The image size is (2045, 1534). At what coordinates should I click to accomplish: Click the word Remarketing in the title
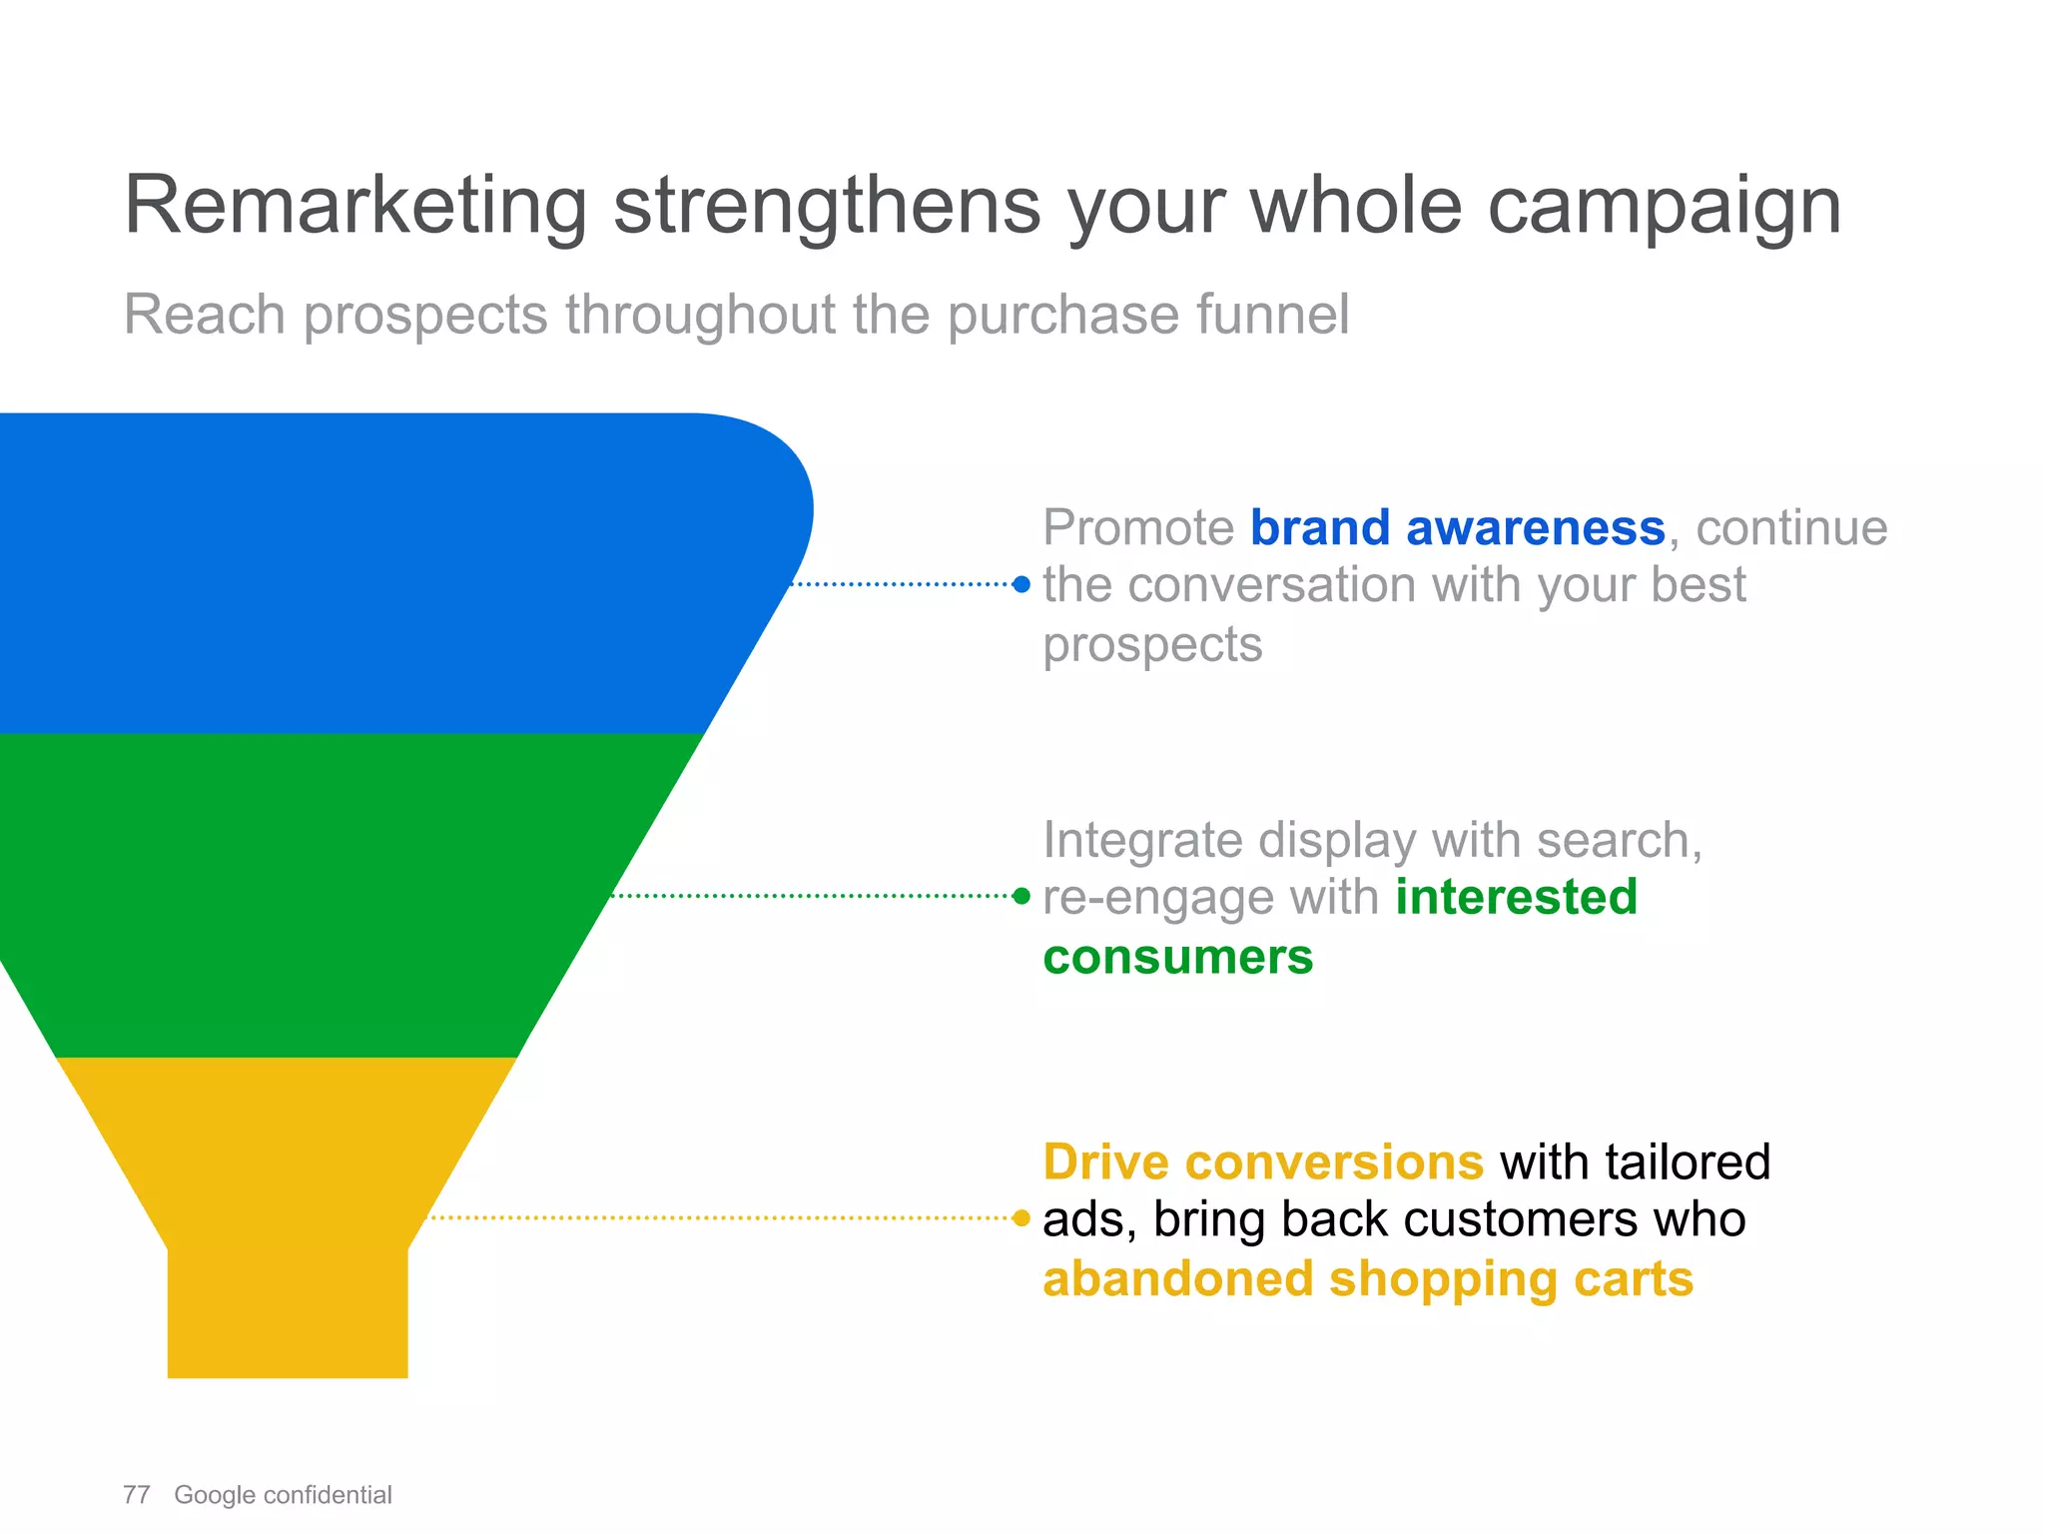coord(354,207)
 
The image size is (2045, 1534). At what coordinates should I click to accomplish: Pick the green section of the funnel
coord(300,894)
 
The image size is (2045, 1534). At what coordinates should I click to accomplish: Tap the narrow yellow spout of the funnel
coord(288,1313)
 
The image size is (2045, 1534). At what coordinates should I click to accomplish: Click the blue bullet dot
coord(1021,585)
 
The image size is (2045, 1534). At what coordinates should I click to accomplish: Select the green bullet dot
coord(1021,896)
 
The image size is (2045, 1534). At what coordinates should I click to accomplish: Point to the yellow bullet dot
coord(1021,1218)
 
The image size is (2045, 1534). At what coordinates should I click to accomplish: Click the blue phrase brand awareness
coord(1457,527)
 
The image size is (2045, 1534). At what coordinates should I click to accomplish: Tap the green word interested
coord(1516,897)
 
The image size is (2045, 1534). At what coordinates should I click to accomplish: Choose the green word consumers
coord(1178,957)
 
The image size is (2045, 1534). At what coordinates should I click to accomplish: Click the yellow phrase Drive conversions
coord(1263,1162)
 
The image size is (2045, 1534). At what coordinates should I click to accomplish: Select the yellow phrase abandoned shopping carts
coord(1368,1279)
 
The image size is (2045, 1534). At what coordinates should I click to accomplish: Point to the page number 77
coord(137,1495)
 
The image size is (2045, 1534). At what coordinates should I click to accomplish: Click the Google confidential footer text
coord(283,1495)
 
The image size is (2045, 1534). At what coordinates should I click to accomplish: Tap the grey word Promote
coord(1138,527)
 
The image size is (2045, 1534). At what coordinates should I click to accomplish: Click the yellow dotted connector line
coord(719,1218)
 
